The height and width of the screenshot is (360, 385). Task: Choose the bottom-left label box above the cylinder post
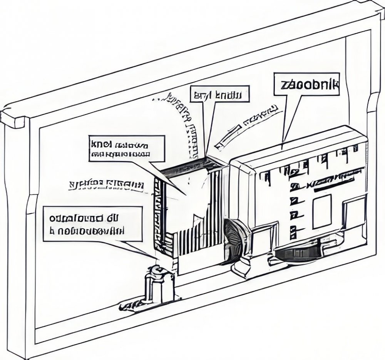click(x=92, y=224)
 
